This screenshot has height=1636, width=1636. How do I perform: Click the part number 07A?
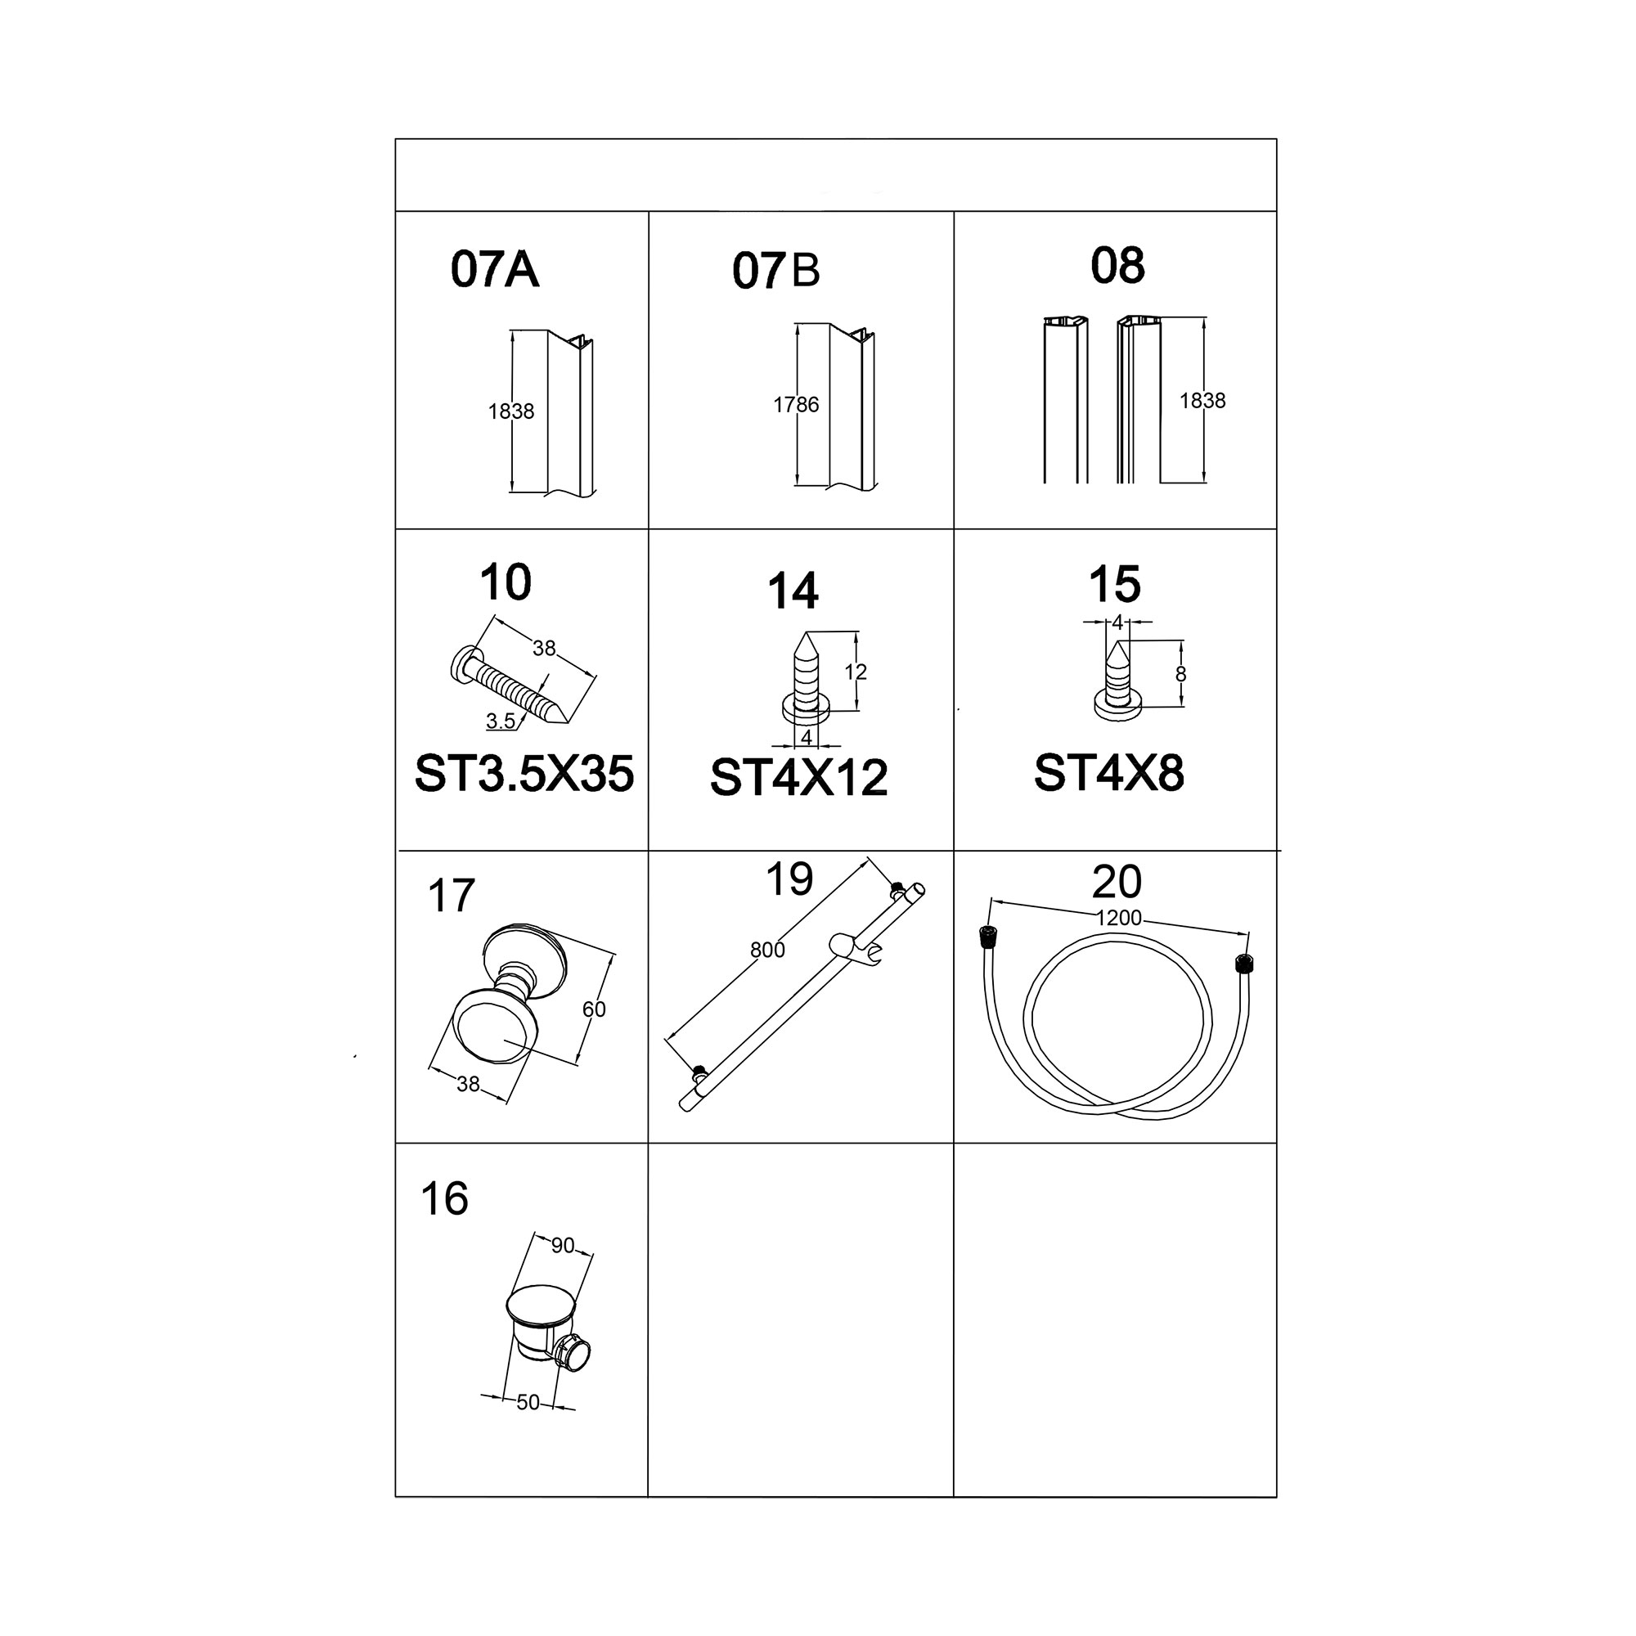coord(495,269)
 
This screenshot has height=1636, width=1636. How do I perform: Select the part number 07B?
coord(776,271)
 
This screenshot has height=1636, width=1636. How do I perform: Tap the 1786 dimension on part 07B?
coord(796,405)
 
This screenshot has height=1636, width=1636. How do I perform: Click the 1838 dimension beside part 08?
coord(1202,401)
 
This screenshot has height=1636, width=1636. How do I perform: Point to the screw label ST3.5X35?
coord(524,774)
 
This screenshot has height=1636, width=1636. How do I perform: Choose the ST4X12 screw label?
coord(798,777)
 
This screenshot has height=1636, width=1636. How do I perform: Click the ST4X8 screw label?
coord(1108,772)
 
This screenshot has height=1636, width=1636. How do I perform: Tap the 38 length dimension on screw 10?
coord(544,648)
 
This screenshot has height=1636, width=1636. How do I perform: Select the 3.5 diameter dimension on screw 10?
coord(501,721)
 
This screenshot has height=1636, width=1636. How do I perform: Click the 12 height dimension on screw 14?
coord(856,672)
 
